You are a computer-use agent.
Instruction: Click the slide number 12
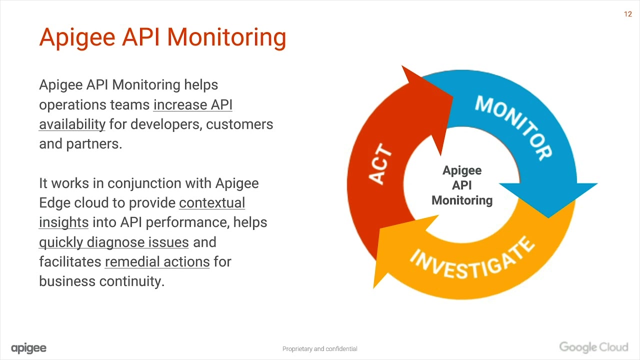[628, 14]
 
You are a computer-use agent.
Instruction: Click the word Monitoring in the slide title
[226, 37]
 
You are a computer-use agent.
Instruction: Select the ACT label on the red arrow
[380, 164]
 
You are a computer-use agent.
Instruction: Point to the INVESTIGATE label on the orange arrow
[472, 260]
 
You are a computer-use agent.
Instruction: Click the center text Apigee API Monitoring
[462, 185]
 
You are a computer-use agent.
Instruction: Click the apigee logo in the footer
[28, 348]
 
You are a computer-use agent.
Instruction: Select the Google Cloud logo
[593, 347]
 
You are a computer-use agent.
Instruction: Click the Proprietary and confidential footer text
[319, 349]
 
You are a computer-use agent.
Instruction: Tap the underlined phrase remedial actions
[157, 261]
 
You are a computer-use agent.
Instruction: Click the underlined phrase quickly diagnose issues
[114, 242]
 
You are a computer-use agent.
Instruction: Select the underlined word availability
[72, 124]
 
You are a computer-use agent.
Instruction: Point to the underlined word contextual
[212, 202]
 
